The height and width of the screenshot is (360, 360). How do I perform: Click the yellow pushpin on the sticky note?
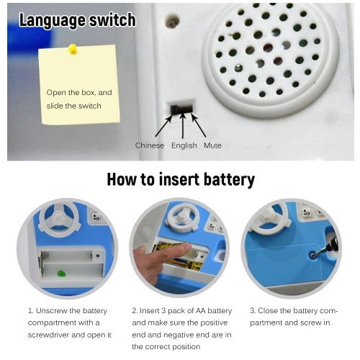click(x=73, y=49)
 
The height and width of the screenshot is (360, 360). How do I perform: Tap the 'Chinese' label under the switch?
click(x=150, y=145)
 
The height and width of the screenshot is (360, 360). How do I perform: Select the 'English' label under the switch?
click(x=184, y=145)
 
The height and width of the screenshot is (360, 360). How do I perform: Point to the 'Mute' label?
click(x=212, y=145)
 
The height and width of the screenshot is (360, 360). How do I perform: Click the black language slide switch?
click(x=181, y=109)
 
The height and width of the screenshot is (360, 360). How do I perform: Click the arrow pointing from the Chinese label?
click(x=164, y=126)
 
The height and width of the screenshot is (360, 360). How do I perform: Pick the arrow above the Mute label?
click(x=198, y=125)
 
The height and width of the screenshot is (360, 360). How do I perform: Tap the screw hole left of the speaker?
click(x=172, y=22)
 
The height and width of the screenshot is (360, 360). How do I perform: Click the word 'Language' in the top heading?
click(x=52, y=20)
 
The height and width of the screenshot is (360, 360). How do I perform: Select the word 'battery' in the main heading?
click(x=229, y=179)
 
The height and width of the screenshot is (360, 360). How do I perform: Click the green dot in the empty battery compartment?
click(x=61, y=274)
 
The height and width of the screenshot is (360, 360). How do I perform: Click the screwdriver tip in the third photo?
click(x=313, y=256)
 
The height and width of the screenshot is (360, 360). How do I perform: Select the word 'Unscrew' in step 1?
click(x=51, y=311)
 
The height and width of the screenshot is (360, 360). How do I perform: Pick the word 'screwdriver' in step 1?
click(x=48, y=335)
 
